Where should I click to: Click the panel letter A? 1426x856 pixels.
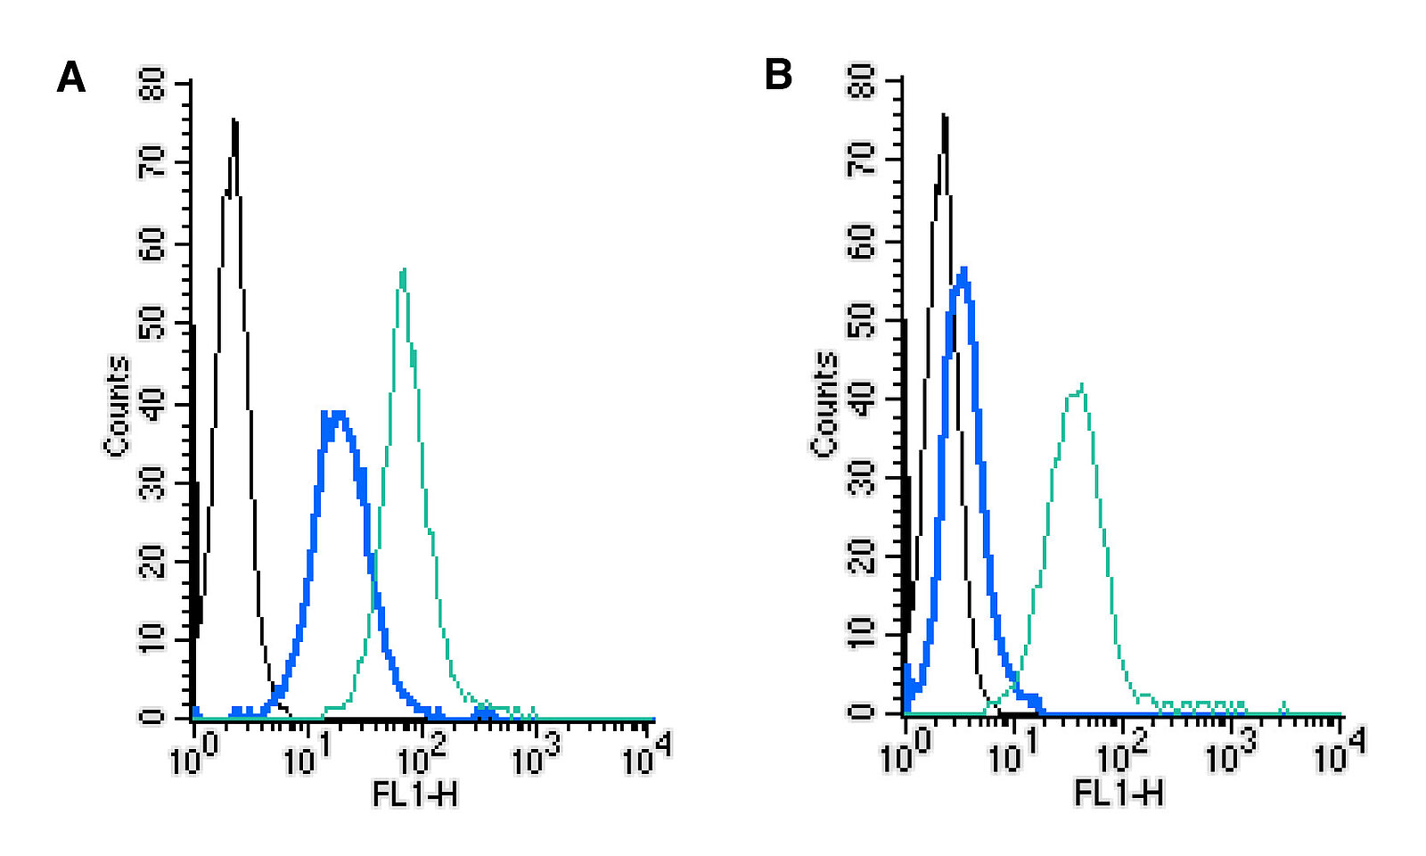(x=71, y=78)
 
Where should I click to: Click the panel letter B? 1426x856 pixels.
(x=778, y=75)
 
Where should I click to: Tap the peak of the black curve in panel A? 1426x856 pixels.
(x=234, y=120)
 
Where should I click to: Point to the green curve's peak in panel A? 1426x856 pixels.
(x=404, y=269)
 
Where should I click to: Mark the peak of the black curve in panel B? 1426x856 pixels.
(x=944, y=116)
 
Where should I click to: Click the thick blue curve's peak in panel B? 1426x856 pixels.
(x=963, y=269)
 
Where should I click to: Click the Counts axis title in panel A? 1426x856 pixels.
(x=118, y=406)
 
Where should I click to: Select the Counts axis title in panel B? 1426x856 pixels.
(x=824, y=404)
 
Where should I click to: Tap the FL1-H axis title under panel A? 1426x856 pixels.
(x=414, y=793)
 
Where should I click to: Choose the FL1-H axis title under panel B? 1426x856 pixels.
(x=1119, y=791)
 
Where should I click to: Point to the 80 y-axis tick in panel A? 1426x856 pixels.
(x=153, y=85)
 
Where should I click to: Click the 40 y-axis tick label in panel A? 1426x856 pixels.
(x=153, y=404)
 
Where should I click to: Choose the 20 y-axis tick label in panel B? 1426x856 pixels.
(x=861, y=558)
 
